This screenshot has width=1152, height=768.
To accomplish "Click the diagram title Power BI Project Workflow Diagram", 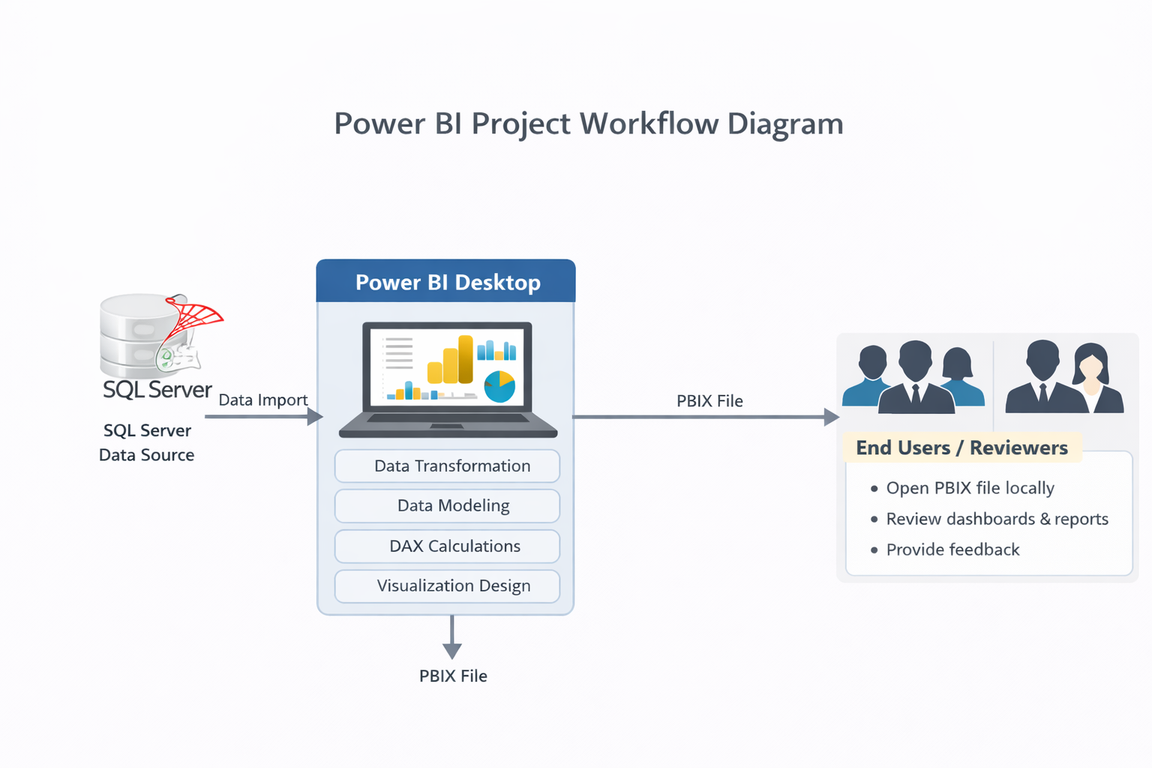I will point(588,124).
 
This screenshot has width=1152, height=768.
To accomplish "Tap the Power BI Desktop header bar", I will point(446,282).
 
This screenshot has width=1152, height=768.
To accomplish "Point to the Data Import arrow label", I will point(262,400).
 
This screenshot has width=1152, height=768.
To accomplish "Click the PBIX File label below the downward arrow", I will point(453,676).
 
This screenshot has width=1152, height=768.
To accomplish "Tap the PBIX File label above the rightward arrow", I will point(709,400).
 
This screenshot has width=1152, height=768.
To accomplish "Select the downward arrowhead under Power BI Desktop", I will point(452,649).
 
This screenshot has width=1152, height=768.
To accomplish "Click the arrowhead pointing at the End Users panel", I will point(831,417).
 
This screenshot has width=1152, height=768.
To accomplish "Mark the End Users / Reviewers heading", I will point(961,448).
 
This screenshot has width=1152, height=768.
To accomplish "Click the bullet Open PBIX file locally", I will point(970,488).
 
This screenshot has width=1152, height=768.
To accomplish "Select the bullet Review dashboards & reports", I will point(997,519).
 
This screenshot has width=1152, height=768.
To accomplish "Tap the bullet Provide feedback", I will point(952,550).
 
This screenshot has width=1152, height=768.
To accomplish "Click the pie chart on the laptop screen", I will point(499,386).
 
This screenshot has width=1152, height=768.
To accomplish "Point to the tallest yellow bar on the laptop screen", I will point(466,358).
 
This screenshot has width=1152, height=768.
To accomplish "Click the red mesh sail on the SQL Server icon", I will point(196,316).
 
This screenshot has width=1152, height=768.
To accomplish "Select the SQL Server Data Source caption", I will point(147,442).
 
